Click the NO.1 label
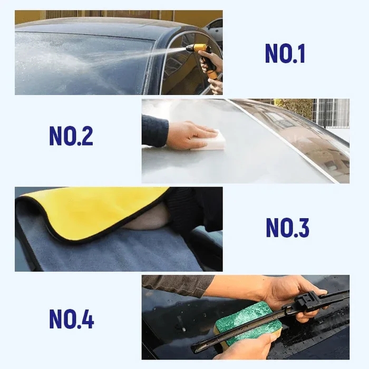click(x=285, y=53)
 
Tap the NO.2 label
click(x=71, y=136)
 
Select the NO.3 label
click(x=287, y=228)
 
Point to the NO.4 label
click(x=71, y=319)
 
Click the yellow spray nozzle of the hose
click(x=198, y=48)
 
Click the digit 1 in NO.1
click(x=300, y=53)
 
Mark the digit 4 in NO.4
click(x=87, y=319)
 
